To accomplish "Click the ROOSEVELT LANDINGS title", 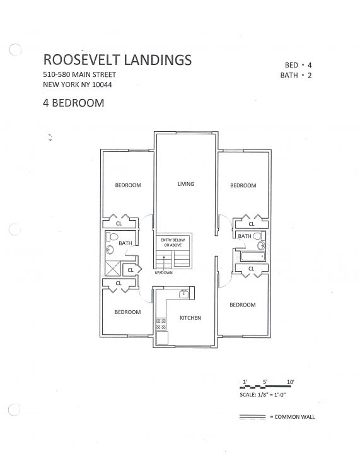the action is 117,60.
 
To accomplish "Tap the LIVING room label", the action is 186,184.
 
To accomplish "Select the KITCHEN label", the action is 190,318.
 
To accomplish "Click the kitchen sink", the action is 183,294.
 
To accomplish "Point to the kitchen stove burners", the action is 161,324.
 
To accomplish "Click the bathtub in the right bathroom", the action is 253,257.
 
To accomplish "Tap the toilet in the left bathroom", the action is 112,236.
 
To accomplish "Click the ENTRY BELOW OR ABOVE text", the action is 173,243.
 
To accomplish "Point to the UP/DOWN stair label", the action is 164,272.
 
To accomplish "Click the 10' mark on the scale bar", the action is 291,382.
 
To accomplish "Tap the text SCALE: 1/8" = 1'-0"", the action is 262,395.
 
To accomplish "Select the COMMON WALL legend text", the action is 294,417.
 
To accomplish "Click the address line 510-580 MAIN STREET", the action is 79,74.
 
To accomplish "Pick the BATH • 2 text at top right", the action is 296,75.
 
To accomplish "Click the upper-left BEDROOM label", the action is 128,185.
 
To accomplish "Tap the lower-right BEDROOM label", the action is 243,305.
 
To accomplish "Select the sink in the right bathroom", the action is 262,245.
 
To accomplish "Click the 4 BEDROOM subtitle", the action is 74,103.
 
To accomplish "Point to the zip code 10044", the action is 102,84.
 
